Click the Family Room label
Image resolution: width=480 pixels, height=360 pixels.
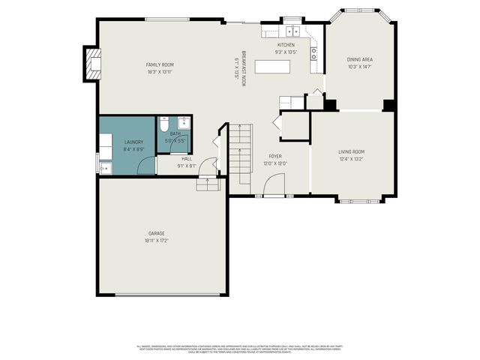click(x=160, y=65)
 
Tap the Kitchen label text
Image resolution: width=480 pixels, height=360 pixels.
click(x=286, y=45)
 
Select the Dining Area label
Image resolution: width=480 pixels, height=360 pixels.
click(x=360, y=59)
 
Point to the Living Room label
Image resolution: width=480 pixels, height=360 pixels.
click(x=351, y=151)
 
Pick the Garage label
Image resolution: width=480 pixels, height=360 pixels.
click(x=156, y=233)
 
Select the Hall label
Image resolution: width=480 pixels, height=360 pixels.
click(x=186, y=158)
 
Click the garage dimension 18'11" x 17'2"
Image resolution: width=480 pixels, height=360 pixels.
click(x=156, y=241)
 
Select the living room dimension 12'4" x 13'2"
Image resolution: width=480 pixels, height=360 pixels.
click(x=351, y=159)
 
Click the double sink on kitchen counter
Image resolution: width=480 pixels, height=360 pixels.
click(x=292, y=31)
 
